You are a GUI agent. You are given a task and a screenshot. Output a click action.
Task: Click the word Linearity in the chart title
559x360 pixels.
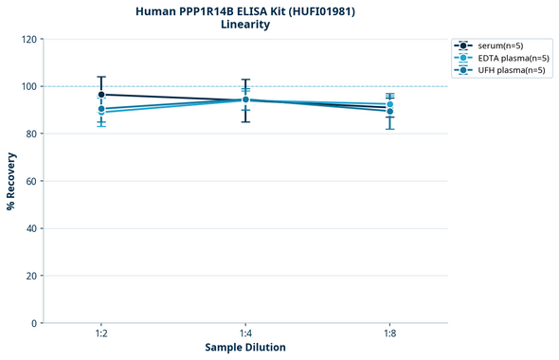[x=244, y=25]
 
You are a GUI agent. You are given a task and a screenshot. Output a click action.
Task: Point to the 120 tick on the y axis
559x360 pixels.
[x=28, y=39]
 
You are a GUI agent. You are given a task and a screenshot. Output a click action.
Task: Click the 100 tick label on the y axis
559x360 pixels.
[x=28, y=86]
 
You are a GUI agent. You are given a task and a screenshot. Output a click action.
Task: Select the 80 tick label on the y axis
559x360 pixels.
[x=31, y=134]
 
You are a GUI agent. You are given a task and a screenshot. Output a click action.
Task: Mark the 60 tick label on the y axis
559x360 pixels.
[x=31, y=181]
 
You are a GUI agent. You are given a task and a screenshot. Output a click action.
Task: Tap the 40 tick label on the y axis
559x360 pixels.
[x=31, y=228]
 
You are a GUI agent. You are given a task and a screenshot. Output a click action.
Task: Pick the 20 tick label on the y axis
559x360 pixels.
[x=31, y=276]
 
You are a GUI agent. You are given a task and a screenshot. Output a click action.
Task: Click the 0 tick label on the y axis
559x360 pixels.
[x=34, y=323]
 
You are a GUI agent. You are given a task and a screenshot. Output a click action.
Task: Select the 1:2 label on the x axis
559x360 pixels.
[x=100, y=334]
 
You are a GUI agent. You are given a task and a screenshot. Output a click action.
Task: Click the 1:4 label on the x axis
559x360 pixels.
[x=245, y=334]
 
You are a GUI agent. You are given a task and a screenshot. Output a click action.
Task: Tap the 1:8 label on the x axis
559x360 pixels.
[x=390, y=334]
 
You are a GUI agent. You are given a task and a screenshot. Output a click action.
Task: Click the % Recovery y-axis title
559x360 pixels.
[x=11, y=180]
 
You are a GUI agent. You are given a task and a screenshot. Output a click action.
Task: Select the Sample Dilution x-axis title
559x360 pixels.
[x=245, y=348]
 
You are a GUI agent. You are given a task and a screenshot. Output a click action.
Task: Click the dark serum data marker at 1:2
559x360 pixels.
[x=100, y=95]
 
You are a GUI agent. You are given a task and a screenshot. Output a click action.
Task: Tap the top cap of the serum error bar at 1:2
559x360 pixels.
[x=100, y=77]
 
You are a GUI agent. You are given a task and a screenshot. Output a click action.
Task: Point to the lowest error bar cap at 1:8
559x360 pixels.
[x=390, y=129]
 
